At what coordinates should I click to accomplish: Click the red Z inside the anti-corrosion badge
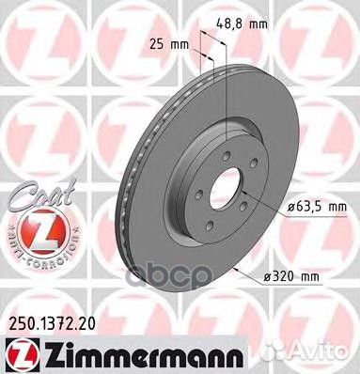point(31,229)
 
